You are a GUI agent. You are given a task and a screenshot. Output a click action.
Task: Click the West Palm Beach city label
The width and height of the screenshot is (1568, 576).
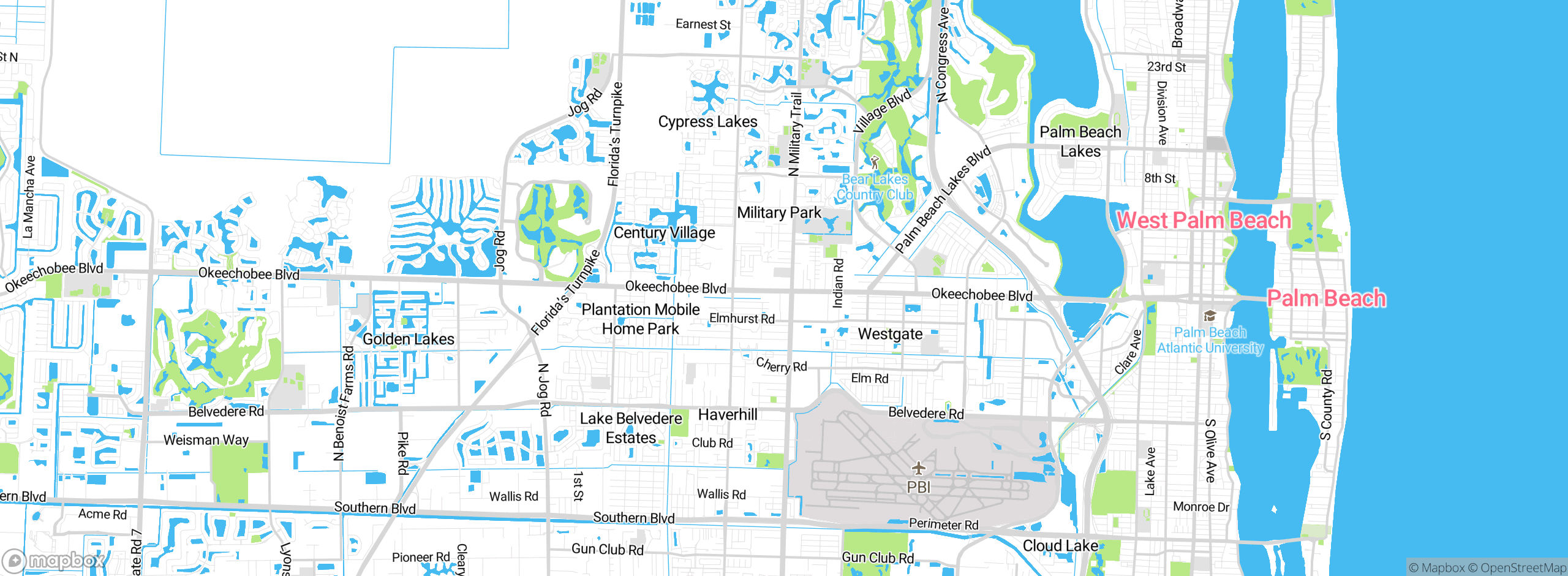[x=1204, y=221]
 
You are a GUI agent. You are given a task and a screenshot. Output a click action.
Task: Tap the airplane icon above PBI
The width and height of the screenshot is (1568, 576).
[x=918, y=469]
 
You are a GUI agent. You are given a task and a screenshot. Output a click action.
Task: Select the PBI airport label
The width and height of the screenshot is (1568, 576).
[x=918, y=487]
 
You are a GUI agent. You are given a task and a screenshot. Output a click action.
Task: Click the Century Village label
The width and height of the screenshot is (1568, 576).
[x=664, y=233]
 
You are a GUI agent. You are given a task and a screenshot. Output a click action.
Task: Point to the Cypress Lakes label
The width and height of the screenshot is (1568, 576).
[x=707, y=122]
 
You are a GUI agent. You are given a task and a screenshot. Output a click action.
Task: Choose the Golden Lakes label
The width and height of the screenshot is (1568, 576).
[x=409, y=339]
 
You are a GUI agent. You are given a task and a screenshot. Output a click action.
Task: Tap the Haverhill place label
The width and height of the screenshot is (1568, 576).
[x=728, y=415]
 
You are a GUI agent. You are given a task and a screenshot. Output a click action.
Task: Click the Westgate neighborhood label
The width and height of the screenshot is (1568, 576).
[x=890, y=334]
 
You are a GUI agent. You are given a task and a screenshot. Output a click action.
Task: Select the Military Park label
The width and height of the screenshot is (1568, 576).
[x=778, y=213]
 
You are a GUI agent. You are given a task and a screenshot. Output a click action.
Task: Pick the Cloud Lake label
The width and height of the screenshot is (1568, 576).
[x=1060, y=545]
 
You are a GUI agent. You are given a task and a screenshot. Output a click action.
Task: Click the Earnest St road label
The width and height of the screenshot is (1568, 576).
[x=703, y=25]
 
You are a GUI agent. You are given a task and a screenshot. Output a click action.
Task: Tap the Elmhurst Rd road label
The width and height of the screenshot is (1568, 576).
[x=742, y=319]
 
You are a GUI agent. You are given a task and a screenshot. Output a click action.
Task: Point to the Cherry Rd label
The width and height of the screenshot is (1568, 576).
[x=782, y=366]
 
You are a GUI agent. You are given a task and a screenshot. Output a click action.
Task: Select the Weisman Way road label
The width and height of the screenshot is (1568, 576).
[x=206, y=440]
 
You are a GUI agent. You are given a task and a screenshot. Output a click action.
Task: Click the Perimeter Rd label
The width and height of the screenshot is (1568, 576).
[x=943, y=524]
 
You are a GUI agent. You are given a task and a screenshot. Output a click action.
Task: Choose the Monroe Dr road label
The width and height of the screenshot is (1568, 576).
[x=1201, y=507]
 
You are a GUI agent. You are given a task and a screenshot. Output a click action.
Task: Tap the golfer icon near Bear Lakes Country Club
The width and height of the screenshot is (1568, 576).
[x=875, y=163]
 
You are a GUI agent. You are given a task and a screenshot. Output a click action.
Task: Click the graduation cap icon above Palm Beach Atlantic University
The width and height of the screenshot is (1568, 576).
[x=1210, y=316]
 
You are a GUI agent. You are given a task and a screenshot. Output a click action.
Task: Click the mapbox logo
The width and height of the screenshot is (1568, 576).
[x=54, y=561]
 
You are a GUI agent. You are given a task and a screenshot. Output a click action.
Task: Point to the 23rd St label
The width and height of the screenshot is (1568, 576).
[x=1166, y=67]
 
